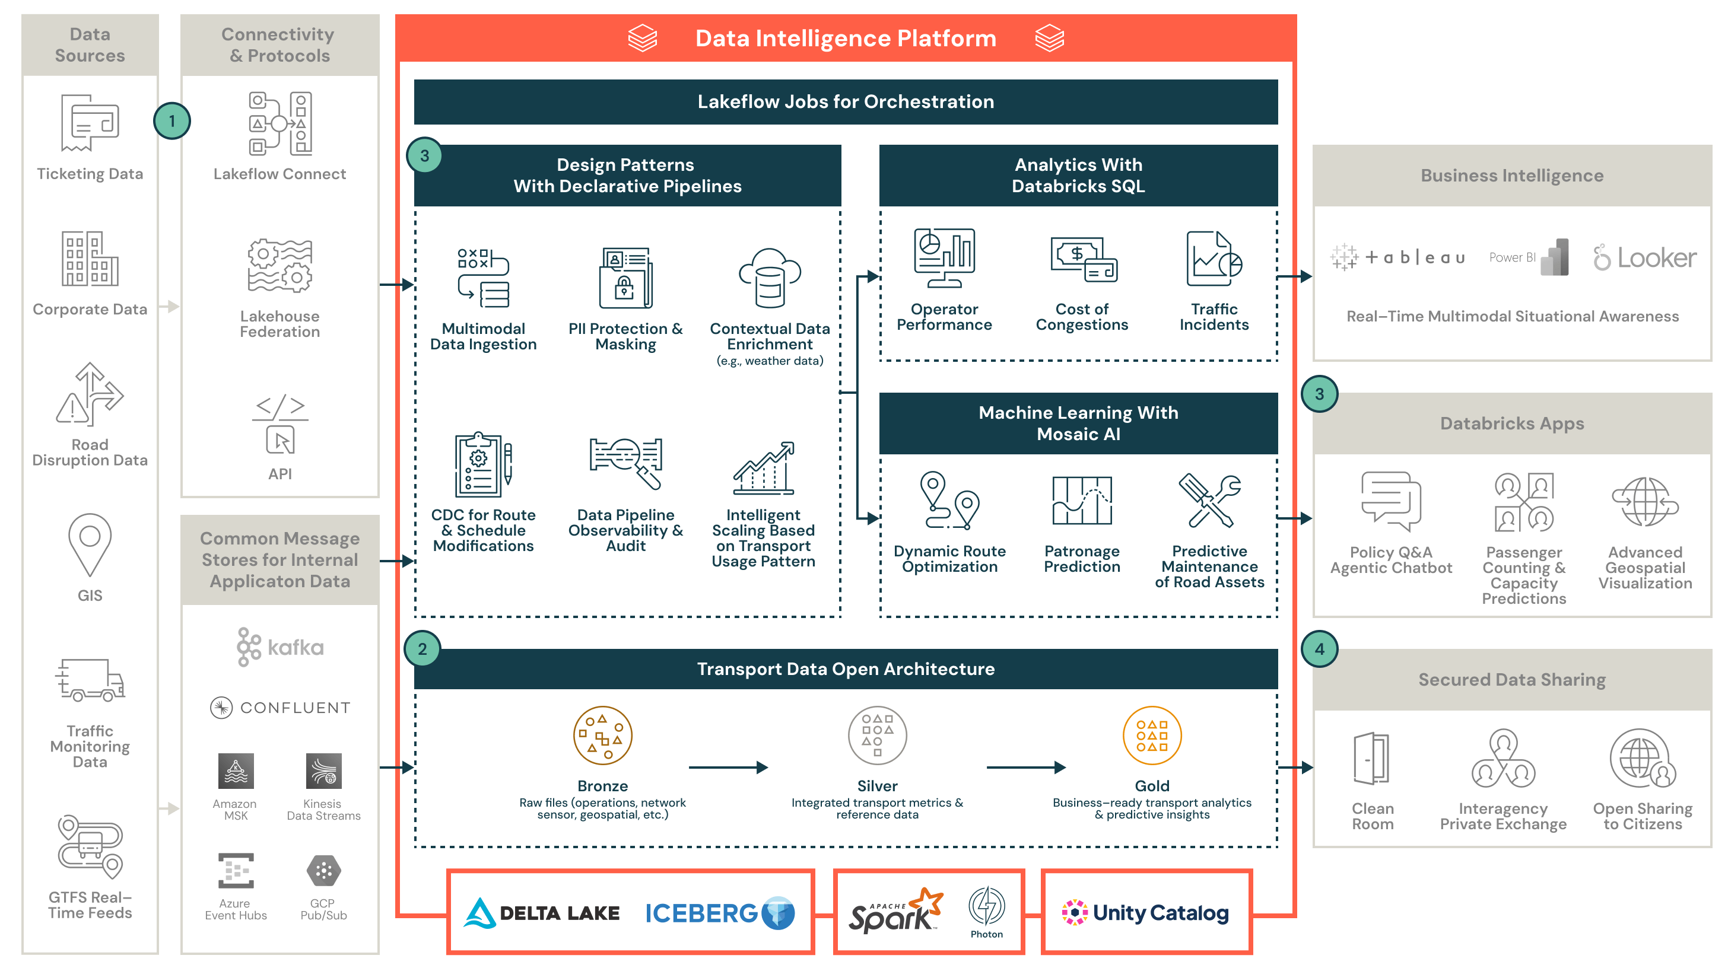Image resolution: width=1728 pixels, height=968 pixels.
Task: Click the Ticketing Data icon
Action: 90,123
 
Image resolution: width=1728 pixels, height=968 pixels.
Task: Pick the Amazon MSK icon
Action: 236,771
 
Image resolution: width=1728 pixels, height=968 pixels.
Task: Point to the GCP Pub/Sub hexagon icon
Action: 323,870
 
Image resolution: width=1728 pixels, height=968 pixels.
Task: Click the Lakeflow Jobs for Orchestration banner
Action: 845,102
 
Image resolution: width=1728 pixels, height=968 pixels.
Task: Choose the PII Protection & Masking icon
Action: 625,278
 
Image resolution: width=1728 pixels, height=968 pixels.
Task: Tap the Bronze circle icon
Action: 602,735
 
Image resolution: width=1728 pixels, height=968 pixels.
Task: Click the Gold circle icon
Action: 1152,735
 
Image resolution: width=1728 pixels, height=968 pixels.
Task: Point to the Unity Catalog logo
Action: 1146,912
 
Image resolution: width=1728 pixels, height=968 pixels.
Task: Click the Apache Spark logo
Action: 895,911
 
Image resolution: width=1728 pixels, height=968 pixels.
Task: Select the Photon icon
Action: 986,906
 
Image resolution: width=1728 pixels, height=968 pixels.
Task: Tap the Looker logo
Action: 1645,257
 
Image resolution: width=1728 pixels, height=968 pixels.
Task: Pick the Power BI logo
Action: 1529,257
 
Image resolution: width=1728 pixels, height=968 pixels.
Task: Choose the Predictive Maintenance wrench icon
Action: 1209,501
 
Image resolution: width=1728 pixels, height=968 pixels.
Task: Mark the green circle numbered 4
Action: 1319,649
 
